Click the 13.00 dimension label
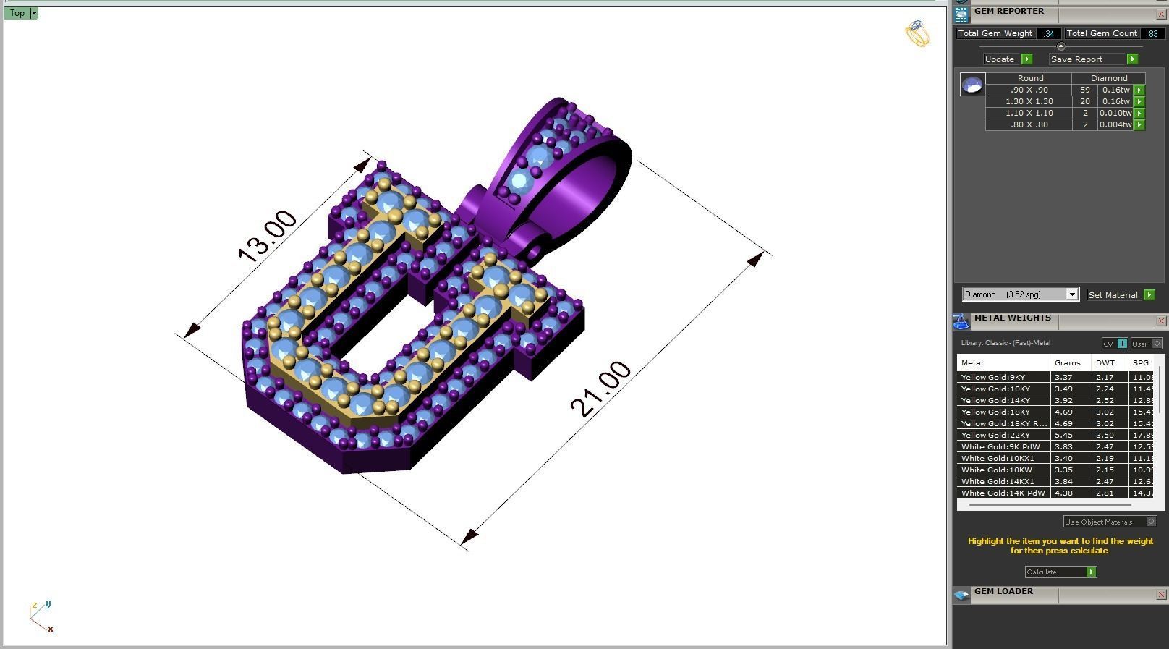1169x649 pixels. pyautogui.click(x=267, y=236)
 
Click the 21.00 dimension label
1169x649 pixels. pyautogui.click(x=600, y=389)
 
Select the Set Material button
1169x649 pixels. pyautogui.click(x=1114, y=295)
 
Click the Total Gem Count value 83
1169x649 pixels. pyautogui.click(x=1152, y=33)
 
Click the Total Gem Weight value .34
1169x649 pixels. pyautogui.click(x=1048, y=33)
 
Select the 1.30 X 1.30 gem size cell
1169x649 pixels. pyautogui.click(x=1029, y=101)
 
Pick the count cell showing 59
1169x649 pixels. pyautogui.click(x=1084, y=90)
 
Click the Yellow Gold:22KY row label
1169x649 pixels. pyautogui.click(x=995, y=435)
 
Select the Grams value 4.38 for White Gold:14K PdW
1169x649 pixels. pyautogui.click(x=1063, y=493)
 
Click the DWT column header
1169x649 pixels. pyautogui.click(x=1105, y=362)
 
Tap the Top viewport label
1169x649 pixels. pyautogui.click(x=17, y=13)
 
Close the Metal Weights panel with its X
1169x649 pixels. pyautogui.click(x=1161, y=321)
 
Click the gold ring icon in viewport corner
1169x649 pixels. pyautogui.click(x=917, y=33)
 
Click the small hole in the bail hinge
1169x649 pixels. pyautogui.click(x=535, y=250)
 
